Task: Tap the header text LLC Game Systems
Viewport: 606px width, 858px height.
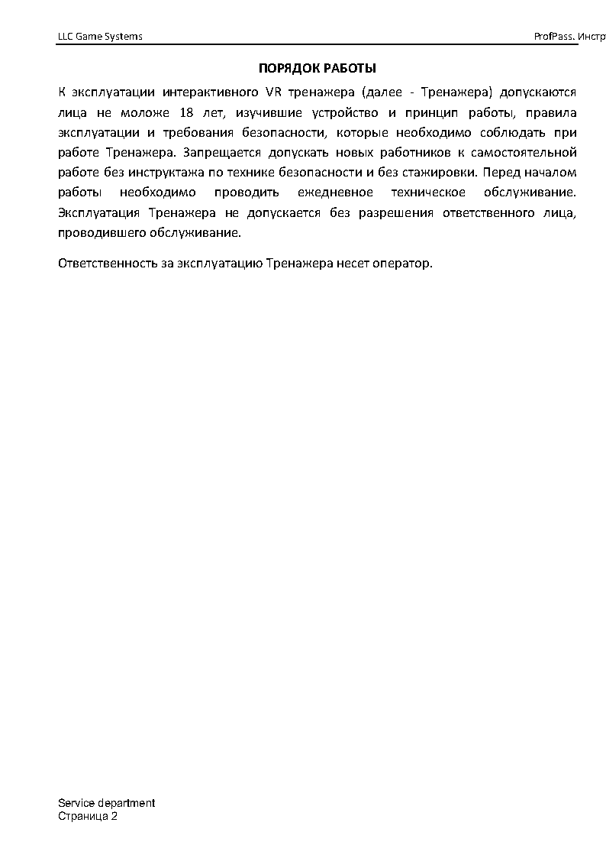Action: click(100, 37)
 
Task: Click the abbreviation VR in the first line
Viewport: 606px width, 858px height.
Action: click(272, 92)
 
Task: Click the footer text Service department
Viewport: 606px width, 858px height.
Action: click(106, 803)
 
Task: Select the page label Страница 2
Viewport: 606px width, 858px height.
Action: click(88, 817)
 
